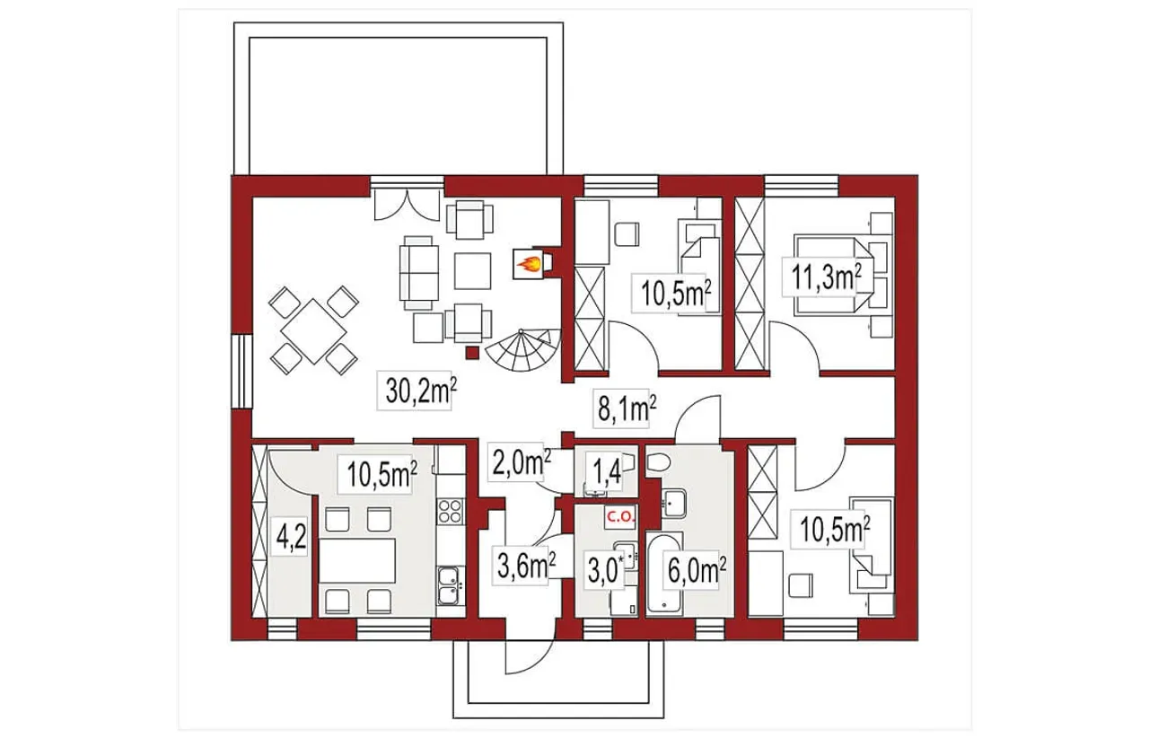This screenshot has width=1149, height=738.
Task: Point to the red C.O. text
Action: click(x=621, y=517)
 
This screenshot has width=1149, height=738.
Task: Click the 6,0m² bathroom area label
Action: click(x=696, y=571)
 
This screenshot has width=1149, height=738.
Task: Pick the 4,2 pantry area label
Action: click(x=291, y=537)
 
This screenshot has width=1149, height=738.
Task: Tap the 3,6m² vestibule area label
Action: click(x=526, y=567)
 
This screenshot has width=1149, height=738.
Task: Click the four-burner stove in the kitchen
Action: click(x=450, y=511)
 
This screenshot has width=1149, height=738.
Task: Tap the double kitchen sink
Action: click(x=450, y=585)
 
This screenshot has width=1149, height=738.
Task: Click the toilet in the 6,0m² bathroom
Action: click(x=658, y=463)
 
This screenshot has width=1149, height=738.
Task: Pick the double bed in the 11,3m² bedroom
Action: click(x=832, y=275)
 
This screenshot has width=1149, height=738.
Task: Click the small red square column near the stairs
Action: click(x=472, y=353)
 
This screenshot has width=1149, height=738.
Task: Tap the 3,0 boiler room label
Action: click(x=603, y=572)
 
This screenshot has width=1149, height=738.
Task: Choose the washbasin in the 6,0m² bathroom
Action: click(x=673, y=502)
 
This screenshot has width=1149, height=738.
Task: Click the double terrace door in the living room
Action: click(x=407, y=205)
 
